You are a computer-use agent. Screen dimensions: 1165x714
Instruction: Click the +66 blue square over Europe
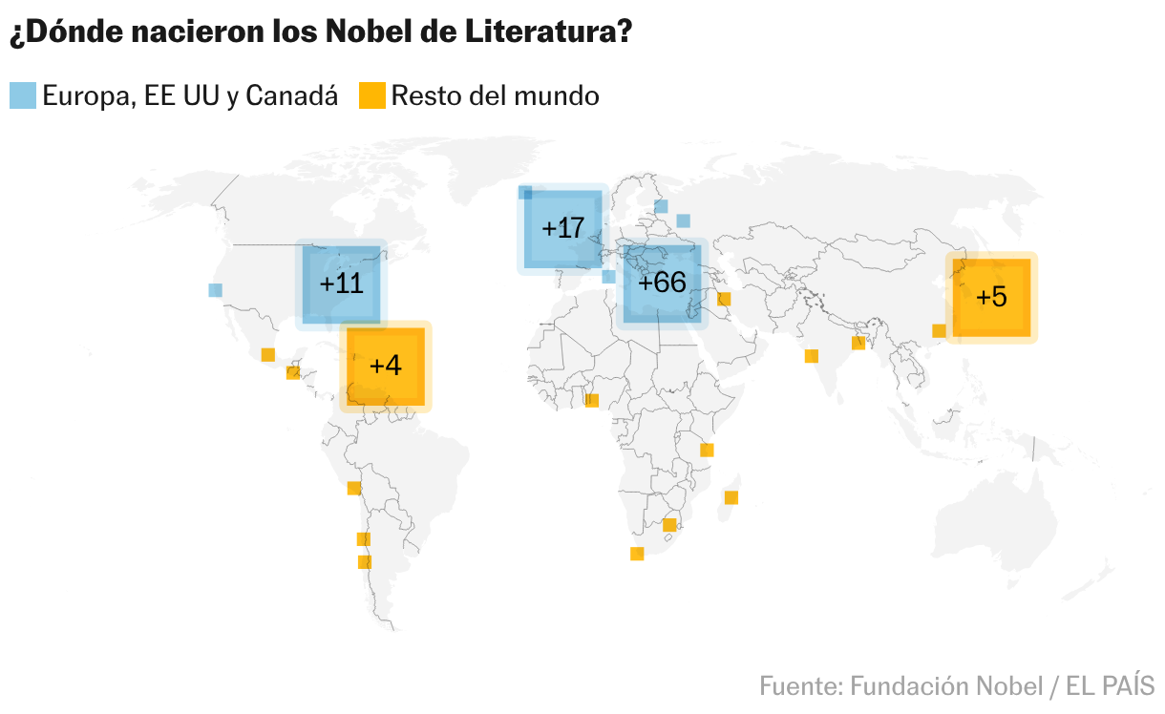tap(662, 283)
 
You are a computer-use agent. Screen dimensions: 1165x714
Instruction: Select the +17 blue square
tap(562, 229)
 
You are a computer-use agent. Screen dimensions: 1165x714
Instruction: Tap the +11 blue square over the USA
tap(341, 284)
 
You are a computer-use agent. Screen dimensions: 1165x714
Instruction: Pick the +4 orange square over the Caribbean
tap(386, 367)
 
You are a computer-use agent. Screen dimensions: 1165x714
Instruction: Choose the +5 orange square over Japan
tap(991, 298)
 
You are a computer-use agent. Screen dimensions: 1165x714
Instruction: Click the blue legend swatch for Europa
tap(23, 95)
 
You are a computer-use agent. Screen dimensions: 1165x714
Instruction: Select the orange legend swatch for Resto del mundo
tap(372, 95)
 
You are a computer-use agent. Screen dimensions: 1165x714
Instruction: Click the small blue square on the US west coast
tap(215, 290)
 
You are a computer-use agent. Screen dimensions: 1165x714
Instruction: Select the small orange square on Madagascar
tap(731, 497)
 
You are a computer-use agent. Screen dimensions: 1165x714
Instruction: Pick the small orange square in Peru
tap(354, 489)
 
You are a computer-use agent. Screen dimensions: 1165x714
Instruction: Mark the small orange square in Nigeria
tap(592, 400)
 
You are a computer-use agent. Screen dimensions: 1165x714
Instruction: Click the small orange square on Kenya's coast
tap(707, 451)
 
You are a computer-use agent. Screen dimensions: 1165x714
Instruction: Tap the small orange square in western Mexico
tap(267, 355)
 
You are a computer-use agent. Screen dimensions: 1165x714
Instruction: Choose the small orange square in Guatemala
tap(293, 373)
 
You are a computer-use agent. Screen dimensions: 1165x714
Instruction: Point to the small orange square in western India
tap(812, 356)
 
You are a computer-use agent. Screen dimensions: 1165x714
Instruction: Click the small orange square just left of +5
tap(939, 330)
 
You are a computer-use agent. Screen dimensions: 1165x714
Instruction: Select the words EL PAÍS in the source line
tap(1110, 686)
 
